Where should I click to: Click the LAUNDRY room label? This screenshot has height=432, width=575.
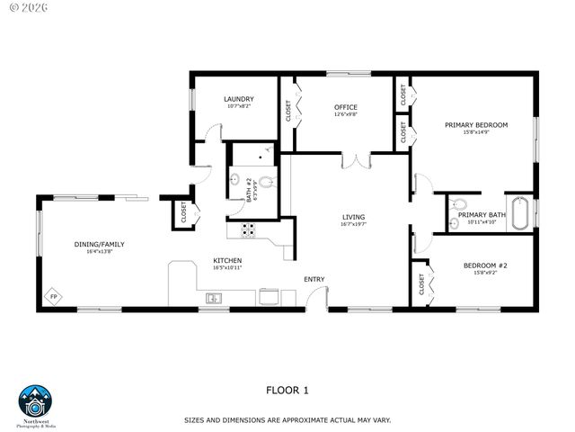(x=238, y=99)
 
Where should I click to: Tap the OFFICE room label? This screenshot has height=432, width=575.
(x=346, y=106)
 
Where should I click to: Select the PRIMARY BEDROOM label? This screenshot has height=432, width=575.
(x=476, y=124)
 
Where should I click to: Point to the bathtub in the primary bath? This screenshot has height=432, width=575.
(x=520, y=213)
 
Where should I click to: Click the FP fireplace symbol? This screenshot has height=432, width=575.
(x=54, y=296)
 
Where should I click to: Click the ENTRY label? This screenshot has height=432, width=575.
(x=314, y=279)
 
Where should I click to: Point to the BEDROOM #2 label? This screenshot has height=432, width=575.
(x=485, y=265)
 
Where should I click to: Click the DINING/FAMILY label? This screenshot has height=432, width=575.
(x=99, y=244)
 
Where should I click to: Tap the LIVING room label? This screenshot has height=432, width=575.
(x=353, y=217)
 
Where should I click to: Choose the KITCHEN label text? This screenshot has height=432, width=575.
(x=227, y=260)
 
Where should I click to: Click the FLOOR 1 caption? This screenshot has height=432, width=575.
(x=287, y=390)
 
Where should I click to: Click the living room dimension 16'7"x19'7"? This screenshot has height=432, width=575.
(x=353, y=225)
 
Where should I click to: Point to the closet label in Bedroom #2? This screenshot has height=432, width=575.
(x=421, y=285)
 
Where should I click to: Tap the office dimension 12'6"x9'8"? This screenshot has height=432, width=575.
(x=346, y=114)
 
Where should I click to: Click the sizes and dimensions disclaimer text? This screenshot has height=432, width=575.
(x=287, y=419)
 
